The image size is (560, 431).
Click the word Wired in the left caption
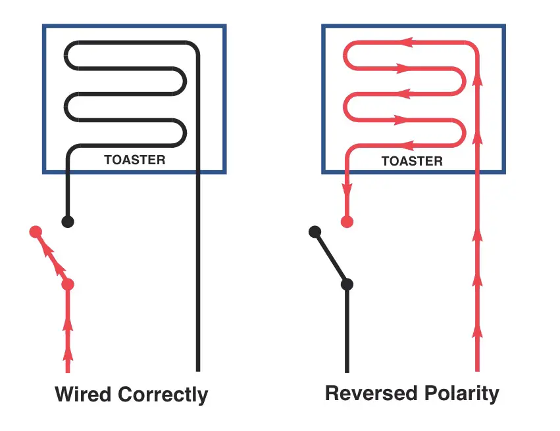pos(84,395)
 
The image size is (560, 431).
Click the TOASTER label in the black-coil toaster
pos(135,160)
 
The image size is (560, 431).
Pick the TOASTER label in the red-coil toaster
pos(412,161)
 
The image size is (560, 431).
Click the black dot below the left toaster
pos(67,221)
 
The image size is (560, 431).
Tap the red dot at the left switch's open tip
pos(36,232)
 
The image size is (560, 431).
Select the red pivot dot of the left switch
pos(68,284)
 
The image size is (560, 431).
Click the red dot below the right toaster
pos(347,221)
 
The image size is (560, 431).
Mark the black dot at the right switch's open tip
pos(315,231)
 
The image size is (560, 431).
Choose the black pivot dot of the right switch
pos(347,284)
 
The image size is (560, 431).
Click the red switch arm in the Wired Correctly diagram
pos(52,258)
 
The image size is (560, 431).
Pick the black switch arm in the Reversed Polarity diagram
pos(331,258)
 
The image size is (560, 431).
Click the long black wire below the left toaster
pos(197,276)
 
